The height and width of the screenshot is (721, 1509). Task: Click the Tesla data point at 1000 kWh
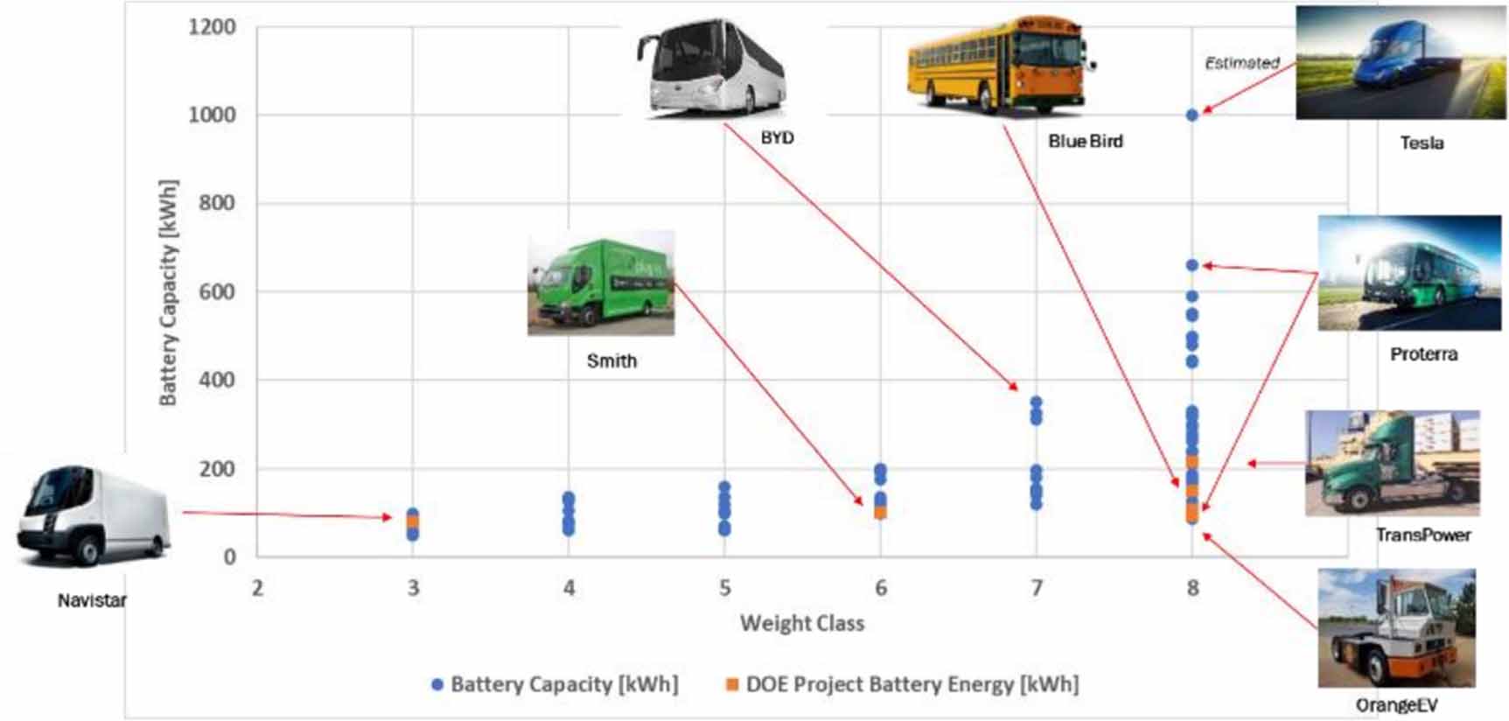click(1191, 115)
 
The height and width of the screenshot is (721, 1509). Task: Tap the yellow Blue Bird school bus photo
click(1000, 66)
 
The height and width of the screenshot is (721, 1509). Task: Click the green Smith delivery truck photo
click(601, 283)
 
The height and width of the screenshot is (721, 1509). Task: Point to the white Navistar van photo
click(93, 515)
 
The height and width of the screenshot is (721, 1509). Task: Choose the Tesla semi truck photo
click(1400, 63)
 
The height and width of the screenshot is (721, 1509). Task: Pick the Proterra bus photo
click(1408, 273)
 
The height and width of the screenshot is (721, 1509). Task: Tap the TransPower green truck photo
click(1392, 463)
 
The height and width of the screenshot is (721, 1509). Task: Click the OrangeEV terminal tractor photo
click(1396, 627)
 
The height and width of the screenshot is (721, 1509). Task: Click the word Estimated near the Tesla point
click(1241, 63)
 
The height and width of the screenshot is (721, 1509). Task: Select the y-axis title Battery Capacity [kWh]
click(168, 293)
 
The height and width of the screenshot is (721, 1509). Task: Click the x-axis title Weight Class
click(801, 623)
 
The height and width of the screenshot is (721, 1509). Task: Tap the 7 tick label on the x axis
click(1037, 588)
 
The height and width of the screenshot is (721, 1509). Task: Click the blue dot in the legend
click(437, 684)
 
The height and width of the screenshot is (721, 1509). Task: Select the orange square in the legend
click(732, 684)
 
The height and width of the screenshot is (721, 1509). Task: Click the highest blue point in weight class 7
click(1037, 402)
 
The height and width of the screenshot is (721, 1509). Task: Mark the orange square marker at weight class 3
click(413, 522)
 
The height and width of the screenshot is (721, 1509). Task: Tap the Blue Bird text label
click(1085, 141)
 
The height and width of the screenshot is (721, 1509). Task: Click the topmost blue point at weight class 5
click(724, 487)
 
